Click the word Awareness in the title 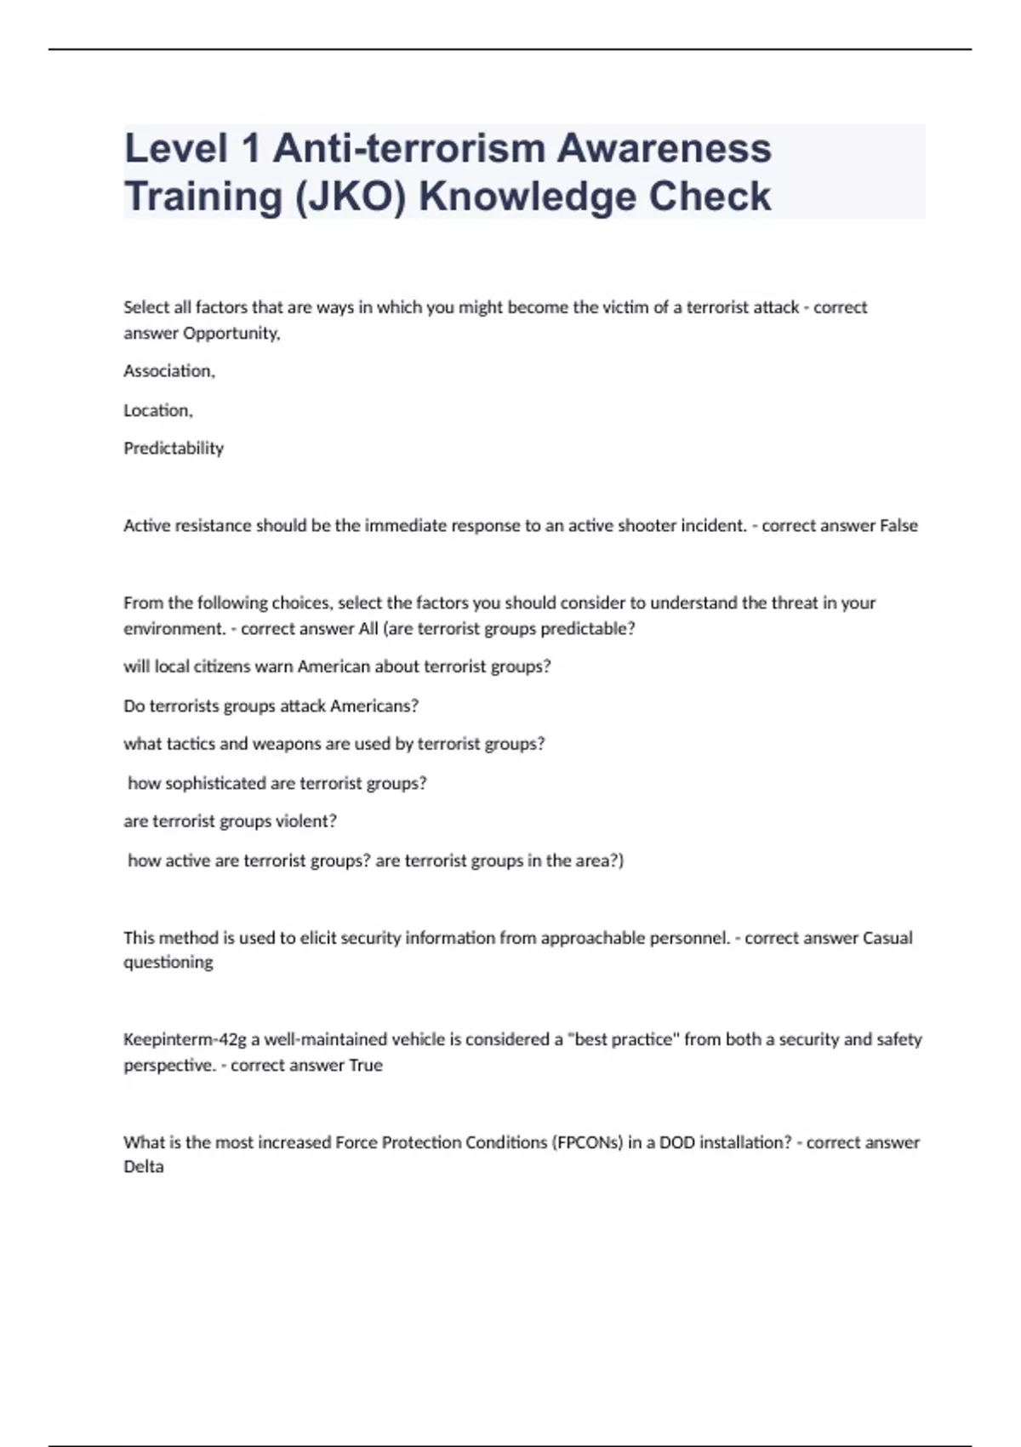point(665,149)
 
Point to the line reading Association point(169,371)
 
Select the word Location point(158,410)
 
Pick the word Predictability point(174,449)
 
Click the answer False point(898,526)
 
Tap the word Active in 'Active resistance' point(146,526)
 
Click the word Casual point(887,938)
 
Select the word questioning point(168,963)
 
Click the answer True point(366,1066)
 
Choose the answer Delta point(144,1167)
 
